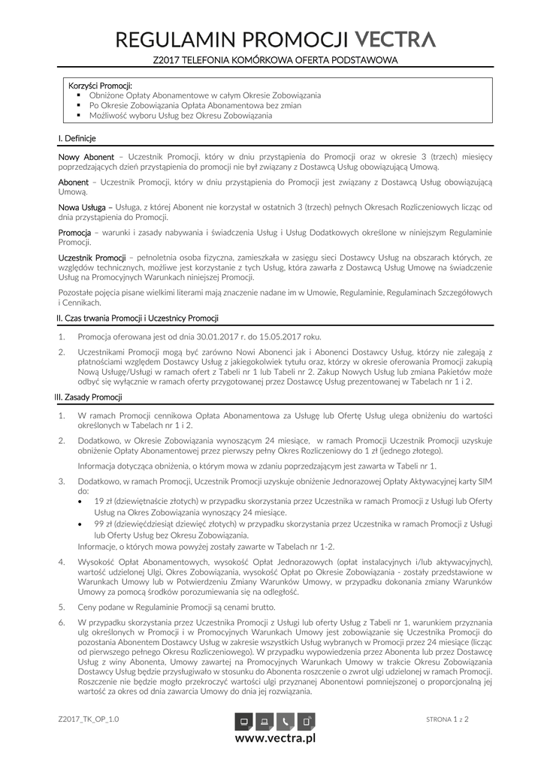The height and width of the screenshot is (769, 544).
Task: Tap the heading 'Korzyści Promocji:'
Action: (x=100, y=85)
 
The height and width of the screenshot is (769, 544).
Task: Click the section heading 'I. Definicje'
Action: (x=77, y=139)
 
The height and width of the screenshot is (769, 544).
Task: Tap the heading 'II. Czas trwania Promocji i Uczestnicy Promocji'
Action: (x=138, y=318)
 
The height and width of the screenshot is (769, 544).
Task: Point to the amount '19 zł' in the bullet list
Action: (x=104, y=500)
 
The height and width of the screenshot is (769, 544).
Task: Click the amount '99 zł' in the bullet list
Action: (x=104, y=523)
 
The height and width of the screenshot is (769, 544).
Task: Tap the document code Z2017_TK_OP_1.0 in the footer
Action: (x=88, y=719)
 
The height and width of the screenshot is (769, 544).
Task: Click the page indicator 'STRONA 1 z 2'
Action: (x=447, y=719)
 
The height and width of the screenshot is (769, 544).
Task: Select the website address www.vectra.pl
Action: (x=276, y=739)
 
